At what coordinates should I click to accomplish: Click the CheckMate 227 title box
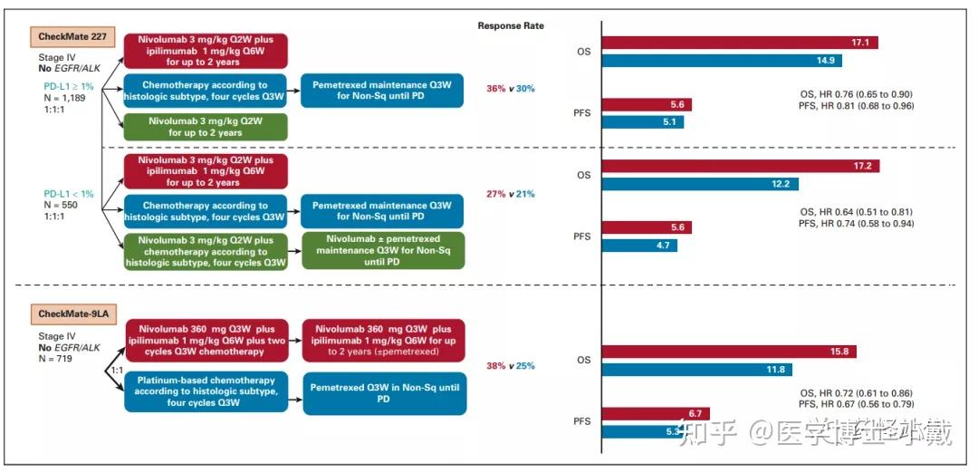click(69, 37)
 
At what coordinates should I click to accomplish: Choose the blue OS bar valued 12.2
click(697, 184)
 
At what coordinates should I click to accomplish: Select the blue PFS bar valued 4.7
click(638, 245)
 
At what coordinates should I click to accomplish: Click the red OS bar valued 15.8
click(729, 352)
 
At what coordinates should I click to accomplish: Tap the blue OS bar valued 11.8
click(696, 370)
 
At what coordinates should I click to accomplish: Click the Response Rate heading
click(511, 26)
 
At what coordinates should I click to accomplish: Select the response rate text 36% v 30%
click(511, 89)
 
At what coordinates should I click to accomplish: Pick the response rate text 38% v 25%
click(511, 366)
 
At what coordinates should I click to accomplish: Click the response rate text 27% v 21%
click(511, 193)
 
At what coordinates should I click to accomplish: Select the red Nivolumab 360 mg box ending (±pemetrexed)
click(383, 339)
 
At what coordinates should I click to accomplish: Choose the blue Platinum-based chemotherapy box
click(206, 392)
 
